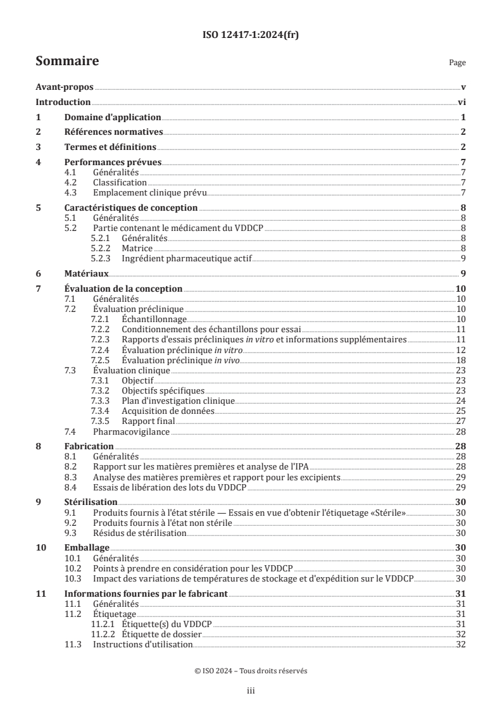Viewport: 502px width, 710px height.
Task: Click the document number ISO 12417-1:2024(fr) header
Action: tap(251, 35)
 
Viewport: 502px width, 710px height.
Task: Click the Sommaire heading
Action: tap(67, 61)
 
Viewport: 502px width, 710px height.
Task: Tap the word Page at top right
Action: tap(456, 63)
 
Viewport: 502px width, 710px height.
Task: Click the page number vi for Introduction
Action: tap(462, 102)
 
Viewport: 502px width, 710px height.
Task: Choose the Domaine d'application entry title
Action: tap(113, 117)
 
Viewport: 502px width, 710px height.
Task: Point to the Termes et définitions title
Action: tap(111, 147)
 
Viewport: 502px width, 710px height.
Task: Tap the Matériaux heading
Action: tap(87, 273)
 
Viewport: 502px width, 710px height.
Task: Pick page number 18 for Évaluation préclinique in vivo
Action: tap(461, 359)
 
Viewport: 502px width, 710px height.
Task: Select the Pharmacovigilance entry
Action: tap(132, 432)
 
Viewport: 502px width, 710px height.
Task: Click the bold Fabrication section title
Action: tap(89, 446)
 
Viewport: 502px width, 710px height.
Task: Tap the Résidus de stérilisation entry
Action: tap(139, 533)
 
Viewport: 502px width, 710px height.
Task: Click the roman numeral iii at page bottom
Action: tap(251, 692)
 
